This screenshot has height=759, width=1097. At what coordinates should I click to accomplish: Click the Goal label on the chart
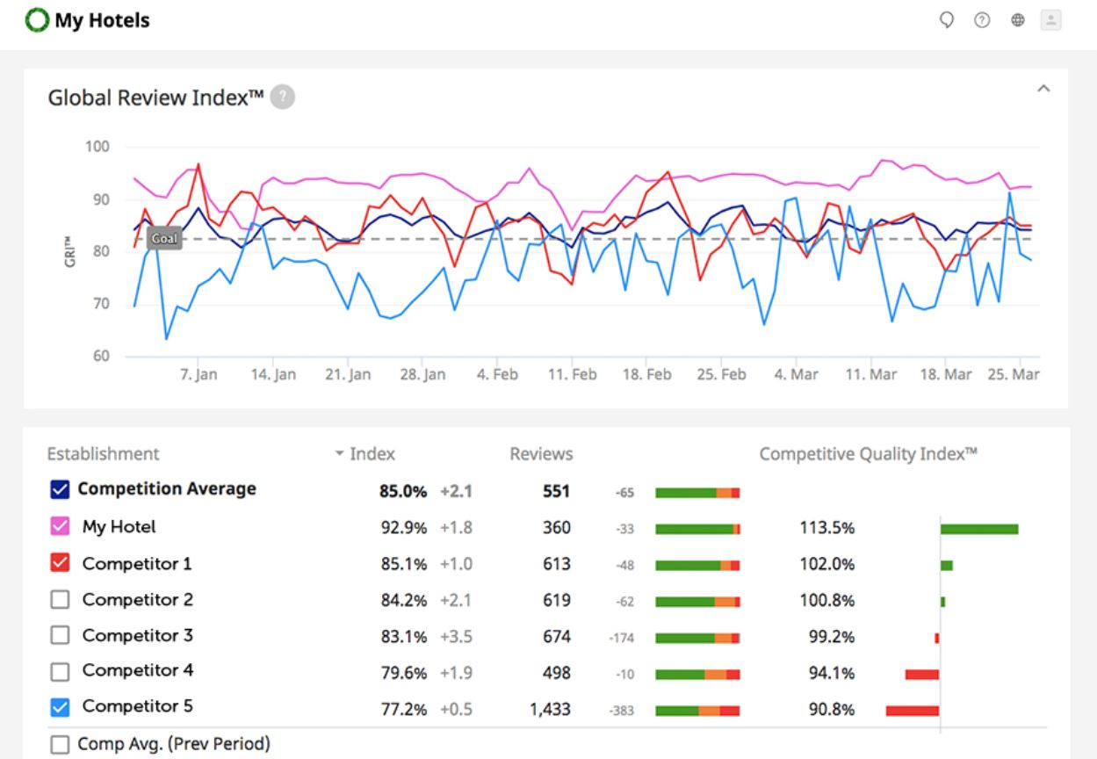[x=164, y=238]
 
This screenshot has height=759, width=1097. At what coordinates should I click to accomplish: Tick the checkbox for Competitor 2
[x=60, y=600]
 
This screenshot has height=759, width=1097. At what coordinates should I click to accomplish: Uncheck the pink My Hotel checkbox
[x=60, y=527]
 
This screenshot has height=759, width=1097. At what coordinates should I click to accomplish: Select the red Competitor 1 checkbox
[x=60, y=563]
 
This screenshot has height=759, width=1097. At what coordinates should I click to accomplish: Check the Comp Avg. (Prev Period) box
[x=60, y=744]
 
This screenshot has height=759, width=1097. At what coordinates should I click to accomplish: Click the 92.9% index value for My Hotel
[x=403, y=528]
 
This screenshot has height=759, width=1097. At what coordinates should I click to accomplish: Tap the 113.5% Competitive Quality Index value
[x=826, y=528]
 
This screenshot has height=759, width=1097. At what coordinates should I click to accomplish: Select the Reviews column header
[x=541, y=454]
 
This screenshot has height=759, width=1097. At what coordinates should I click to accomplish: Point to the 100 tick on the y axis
[x=97, y=147]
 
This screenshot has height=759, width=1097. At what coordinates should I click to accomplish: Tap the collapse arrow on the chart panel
[x=1043, y=89]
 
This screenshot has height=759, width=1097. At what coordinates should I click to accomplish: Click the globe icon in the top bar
[x=1018, y=20]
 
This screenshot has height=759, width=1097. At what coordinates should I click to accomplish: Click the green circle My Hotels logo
[x=38, y=19]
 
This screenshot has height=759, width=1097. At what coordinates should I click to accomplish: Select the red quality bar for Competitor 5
[x=913, y=710]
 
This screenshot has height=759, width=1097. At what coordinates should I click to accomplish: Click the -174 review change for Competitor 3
[x=621, y=639]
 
